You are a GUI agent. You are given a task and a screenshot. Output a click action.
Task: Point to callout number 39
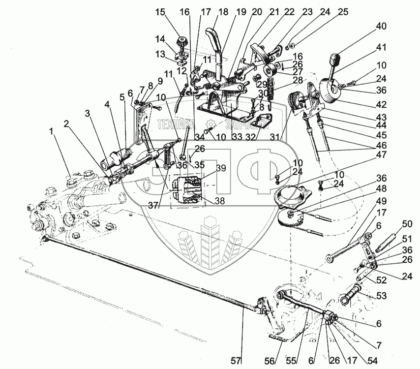pos(221,168)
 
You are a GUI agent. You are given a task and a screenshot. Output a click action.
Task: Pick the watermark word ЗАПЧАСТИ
pos(245,124)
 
